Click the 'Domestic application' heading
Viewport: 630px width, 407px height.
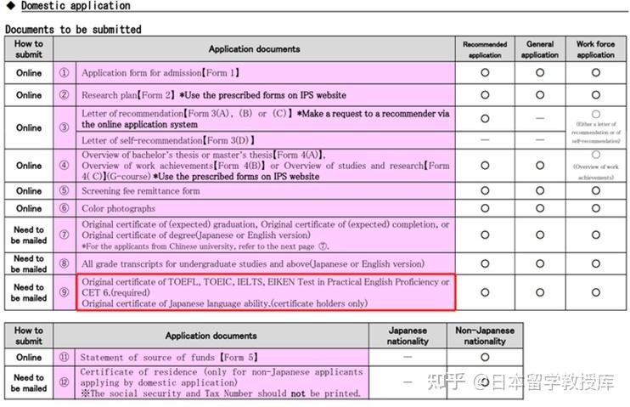pyautogui.click(x=76, y=6)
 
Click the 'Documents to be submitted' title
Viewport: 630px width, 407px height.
pyautogui.click(x=73, y=29)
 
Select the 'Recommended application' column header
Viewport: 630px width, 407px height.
pyautogui.click(x=485, y=49)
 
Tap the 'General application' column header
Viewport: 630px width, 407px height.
pyautogui.click(x=540, y=49)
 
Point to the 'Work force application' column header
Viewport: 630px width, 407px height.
pyautogui.click(x=595, y=49)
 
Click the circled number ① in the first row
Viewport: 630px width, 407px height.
pyautogui.click(x=64, y=73)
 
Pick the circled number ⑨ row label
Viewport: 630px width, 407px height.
pyautogui.click(x=64, y=292)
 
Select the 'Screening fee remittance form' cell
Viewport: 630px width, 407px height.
pyautogui.click(x=141, y=191)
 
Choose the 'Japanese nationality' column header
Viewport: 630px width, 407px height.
pyautogui.click(x=408, y=335)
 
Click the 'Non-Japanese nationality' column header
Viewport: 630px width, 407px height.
pyautogui.click(x=485, y=335)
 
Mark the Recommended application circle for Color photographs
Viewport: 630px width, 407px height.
pyautogui.click(x=485, y=208)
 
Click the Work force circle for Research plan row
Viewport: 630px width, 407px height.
pyautogui.click(x=595, y=95)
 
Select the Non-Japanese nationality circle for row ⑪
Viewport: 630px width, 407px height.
pyautogui.click(x=485, y=358)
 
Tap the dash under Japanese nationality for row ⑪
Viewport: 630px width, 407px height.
pyautogui.click(x=408, y=358)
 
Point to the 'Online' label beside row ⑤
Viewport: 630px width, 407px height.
pyautogui.click(x=29, y=191)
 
